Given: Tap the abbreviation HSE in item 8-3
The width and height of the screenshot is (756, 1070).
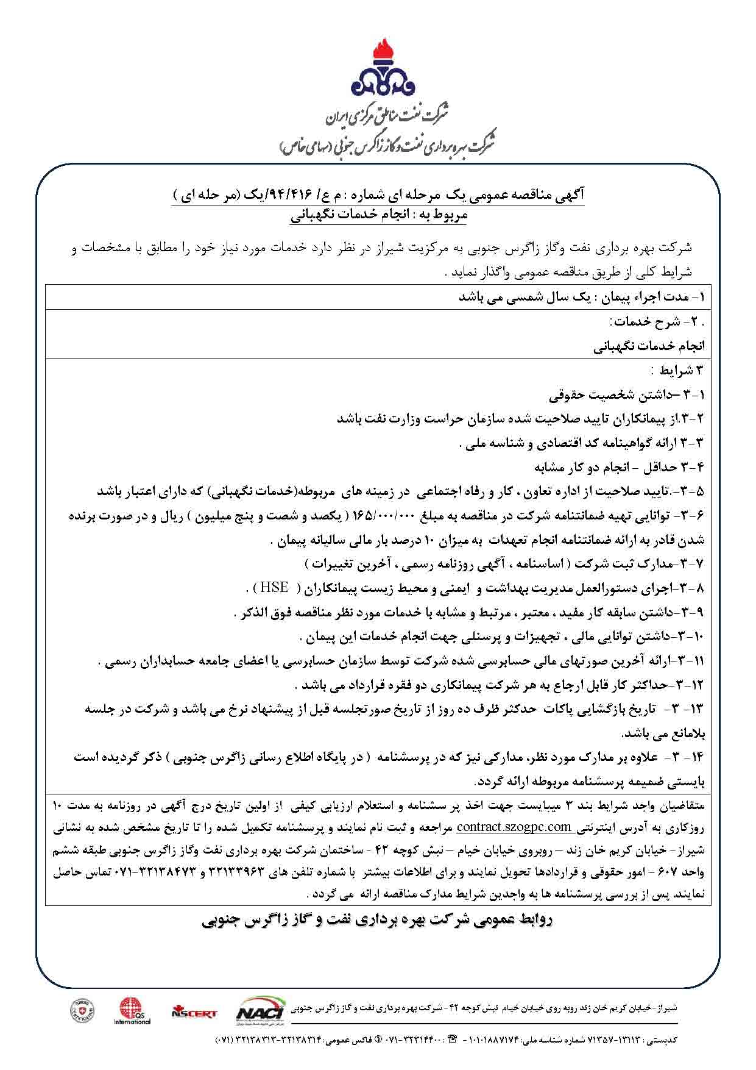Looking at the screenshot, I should coord(275,588).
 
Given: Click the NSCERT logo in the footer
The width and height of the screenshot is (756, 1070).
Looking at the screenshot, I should coord(194,1013).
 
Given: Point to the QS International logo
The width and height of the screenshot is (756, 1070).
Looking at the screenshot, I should coord(132,1010).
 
